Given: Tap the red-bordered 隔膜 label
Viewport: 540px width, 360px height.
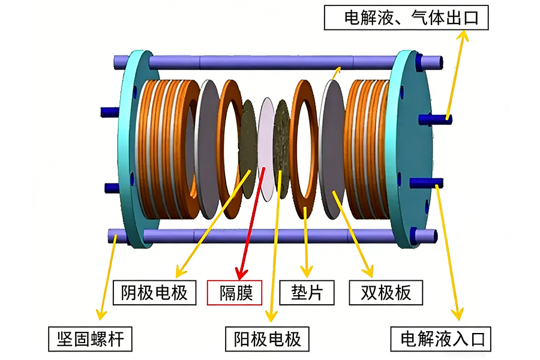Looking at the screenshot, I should (x=235, y=293).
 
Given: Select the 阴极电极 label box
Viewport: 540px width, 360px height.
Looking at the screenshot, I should (x=154, y=292).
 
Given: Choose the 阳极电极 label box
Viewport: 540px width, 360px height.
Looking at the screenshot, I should (x=267, y=339).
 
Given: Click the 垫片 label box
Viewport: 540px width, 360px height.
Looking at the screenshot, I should (x=306, y=292).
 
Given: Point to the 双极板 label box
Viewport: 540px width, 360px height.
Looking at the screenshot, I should (x=386, y=292).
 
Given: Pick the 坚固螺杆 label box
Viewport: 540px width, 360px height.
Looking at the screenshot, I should (x=90, y=339).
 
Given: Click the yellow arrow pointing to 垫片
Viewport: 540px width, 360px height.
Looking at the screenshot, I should (x=307, y=240).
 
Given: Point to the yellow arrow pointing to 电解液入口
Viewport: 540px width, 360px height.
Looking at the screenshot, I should (x=449, y=252).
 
